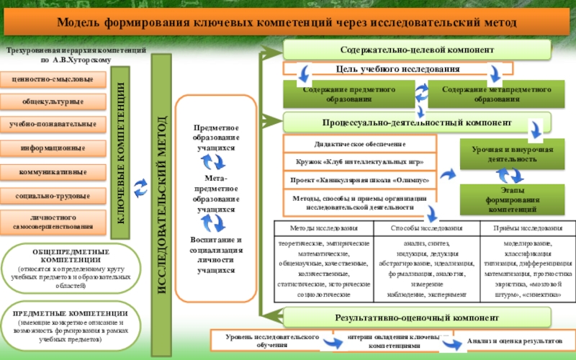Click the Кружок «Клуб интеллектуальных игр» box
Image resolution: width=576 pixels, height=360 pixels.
[x=360, y=161]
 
